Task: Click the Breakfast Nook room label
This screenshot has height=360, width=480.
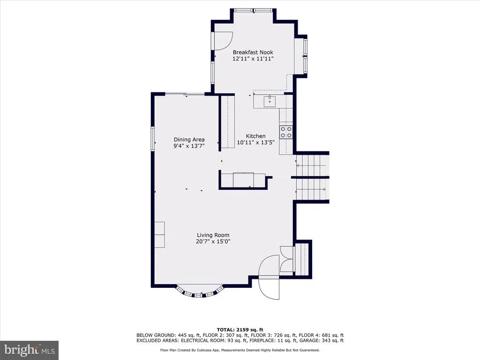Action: [x=253, y=52]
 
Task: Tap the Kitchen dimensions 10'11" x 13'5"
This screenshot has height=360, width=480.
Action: [x=255, y=142]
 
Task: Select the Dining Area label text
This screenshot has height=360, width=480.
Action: [x=189, y=140]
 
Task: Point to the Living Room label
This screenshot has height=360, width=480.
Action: [x=213, y=235]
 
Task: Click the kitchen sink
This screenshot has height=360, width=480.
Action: [x=270, y=101]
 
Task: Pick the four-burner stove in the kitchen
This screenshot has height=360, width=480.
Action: [x=286, y=132]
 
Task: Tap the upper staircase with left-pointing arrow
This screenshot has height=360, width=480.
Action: [x=312, y=165]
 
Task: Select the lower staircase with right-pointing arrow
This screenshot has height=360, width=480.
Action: [x=312, y=189]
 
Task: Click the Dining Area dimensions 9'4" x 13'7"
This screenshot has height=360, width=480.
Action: [x=189, y=146]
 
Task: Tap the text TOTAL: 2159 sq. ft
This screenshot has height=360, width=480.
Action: [x=240, y=330]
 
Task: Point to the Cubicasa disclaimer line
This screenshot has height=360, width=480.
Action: [x=240, y=350]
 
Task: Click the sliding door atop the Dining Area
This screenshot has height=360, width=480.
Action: [x=185, y=94]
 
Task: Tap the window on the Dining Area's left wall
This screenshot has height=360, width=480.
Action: [x=152, y=139]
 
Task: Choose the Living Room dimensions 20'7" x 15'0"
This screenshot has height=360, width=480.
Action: [x=213, y=241]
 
